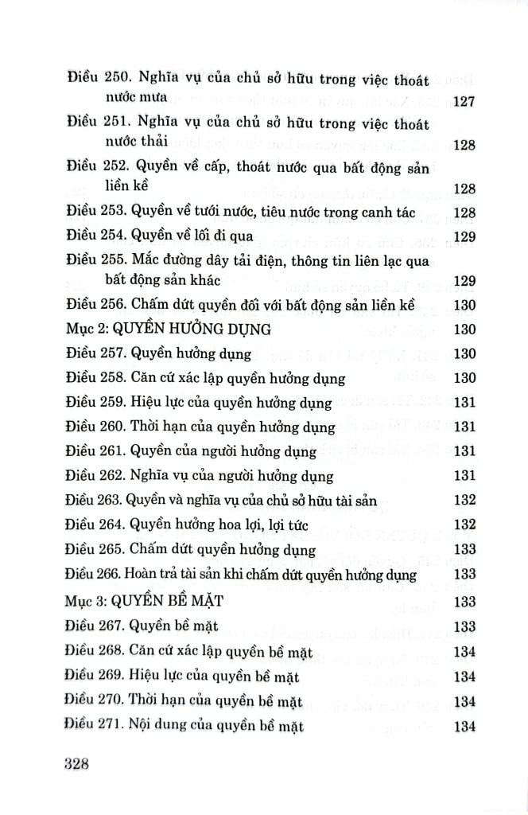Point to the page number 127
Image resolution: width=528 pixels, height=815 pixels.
pos(463,100)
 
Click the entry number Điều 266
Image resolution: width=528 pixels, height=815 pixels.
pos(88,574)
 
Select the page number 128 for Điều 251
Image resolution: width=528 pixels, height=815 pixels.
pos(463,145)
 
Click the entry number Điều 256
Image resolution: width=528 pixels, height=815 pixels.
pos(89,304)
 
